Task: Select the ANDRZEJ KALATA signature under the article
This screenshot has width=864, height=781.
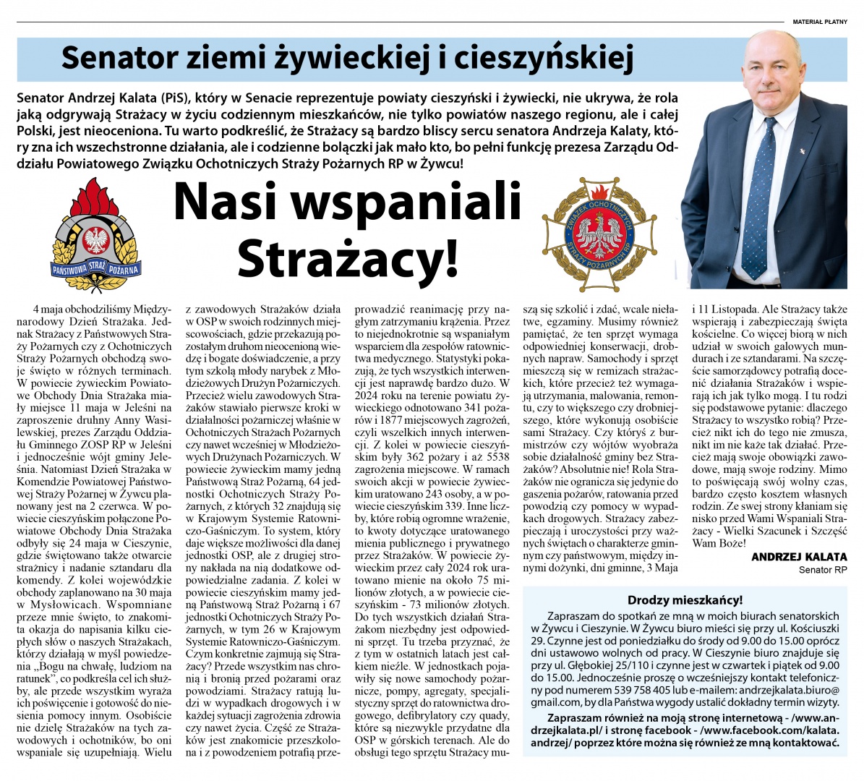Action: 799,557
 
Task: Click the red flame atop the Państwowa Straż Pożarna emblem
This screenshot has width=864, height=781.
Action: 92,195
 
